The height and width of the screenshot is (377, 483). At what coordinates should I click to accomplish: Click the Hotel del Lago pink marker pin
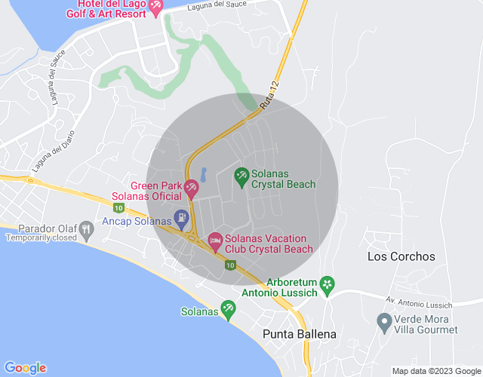coord(155,7)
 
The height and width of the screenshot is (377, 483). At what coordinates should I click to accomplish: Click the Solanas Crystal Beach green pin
coord(242,176)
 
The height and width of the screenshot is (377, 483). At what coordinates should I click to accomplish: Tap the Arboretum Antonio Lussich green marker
coord(327,284)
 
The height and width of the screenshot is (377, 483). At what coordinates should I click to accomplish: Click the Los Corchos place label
coord(401,256)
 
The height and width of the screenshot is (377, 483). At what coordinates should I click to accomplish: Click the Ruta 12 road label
coord(269,97)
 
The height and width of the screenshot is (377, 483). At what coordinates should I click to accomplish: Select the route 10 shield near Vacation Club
coord(230,265)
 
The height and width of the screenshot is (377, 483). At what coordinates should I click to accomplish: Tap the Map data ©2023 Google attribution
coord(435,370)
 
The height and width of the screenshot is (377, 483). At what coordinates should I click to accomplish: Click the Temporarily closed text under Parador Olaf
coord(42,237)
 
